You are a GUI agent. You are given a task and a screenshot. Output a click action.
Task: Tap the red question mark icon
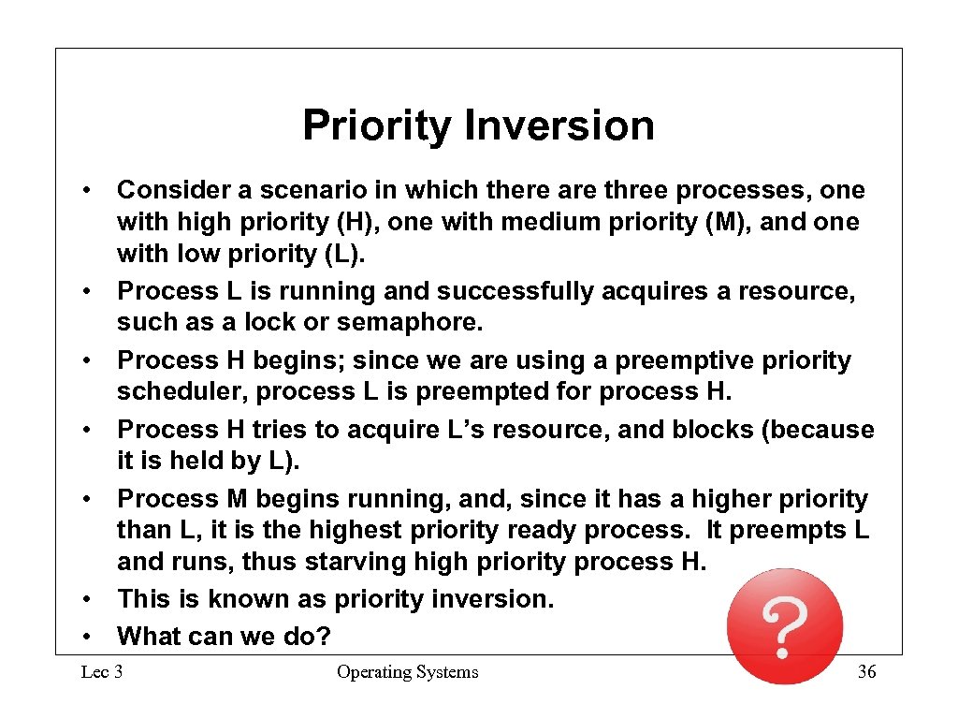pos(785,626)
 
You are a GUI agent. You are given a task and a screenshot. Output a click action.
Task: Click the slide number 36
pos(867,672)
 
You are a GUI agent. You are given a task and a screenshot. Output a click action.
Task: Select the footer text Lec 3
pos(102,672)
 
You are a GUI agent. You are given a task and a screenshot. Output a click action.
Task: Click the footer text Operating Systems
pos(407,672)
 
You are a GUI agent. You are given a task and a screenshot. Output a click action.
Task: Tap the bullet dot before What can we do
pos(85,637)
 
